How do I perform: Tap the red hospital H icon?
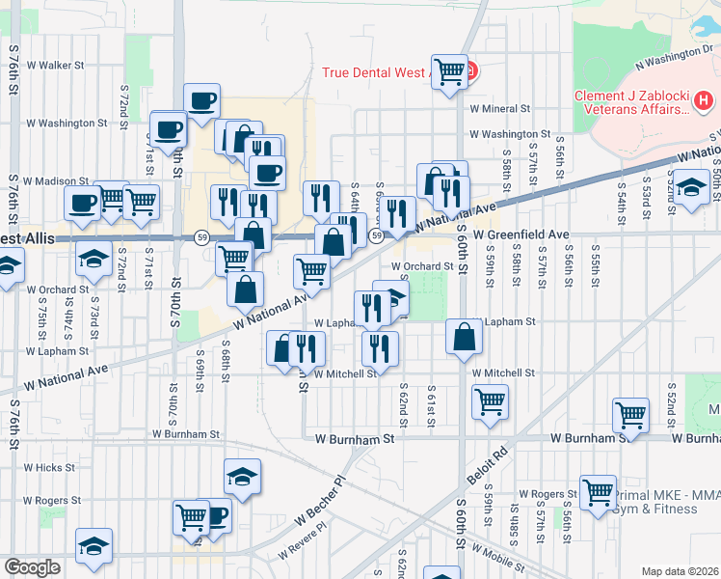[x=705, y=99]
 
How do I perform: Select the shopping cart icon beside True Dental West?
[x=449, y=70]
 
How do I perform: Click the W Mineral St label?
[x=500, y=110]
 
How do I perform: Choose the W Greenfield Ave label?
[x=521, y=234]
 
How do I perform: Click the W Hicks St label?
[x=49, y=467]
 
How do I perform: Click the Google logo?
[x=33, y=568]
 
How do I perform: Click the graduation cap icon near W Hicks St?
[x=243, y=476]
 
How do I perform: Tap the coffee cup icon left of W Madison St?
[x=82, y=203]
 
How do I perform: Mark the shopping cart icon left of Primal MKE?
[x=598, y=492]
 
